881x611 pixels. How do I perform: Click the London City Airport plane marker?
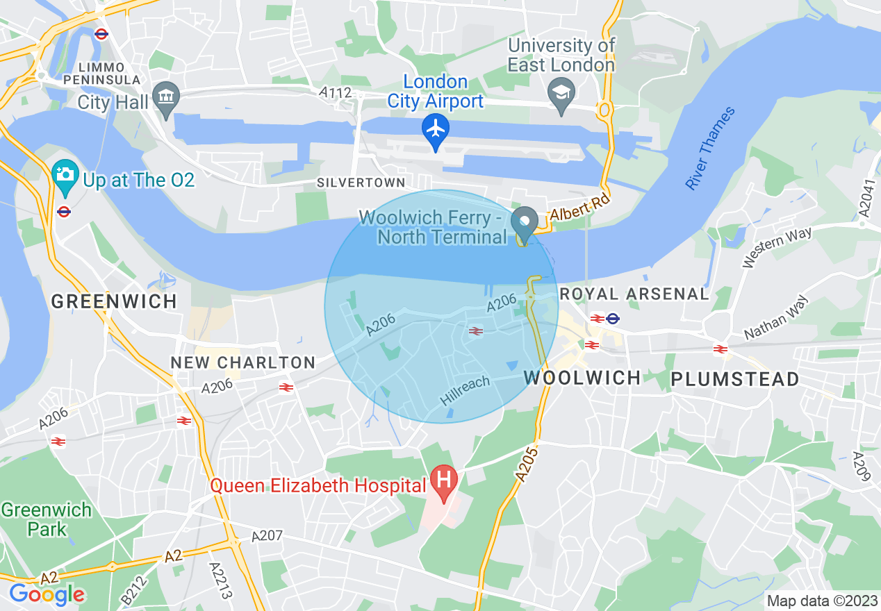[436, 129]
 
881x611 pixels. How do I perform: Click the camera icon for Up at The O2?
[65, 174]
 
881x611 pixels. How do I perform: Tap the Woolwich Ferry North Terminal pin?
[525, 222]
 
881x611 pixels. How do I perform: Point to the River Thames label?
[709, 149]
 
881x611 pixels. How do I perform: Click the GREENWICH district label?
[114, 301]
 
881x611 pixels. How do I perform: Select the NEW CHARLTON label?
[243, 362]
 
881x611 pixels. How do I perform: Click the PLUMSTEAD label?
[734, 379]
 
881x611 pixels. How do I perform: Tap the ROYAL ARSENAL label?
[634, 294]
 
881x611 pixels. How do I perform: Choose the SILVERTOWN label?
[361, 183]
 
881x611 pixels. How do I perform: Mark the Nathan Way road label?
[777, 318]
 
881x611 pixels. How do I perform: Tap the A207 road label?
[267, 536]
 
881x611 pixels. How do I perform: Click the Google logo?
[47, 594]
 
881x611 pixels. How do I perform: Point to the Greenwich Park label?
[46, 519]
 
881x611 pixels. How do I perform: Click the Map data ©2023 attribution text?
[822, 601]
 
